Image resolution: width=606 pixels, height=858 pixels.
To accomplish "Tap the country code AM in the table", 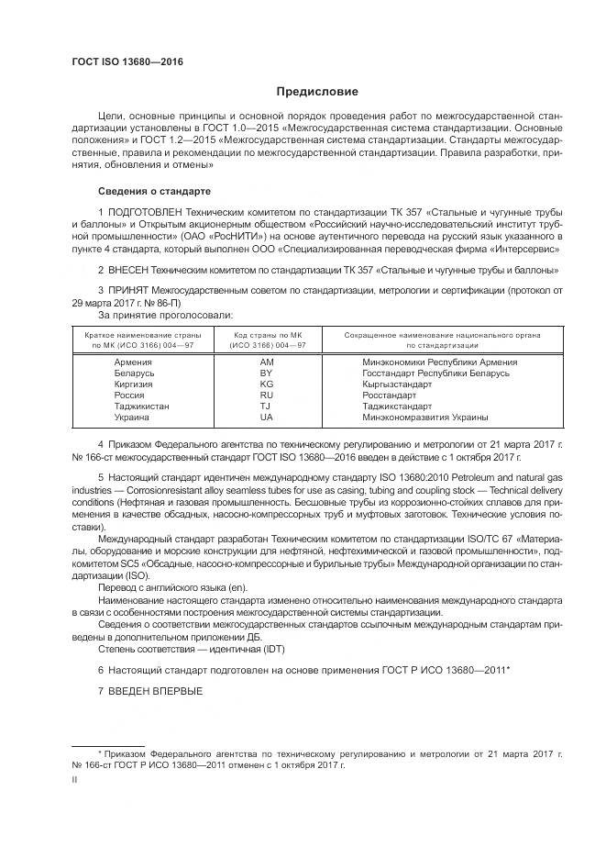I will [267, 362].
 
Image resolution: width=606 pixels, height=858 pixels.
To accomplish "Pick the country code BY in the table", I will [267, 373].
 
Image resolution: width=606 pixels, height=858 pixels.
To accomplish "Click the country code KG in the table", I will [267, 384].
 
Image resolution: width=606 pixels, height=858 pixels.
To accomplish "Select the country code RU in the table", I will [267, 395].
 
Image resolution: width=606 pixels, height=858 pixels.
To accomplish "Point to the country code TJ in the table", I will [266, 406].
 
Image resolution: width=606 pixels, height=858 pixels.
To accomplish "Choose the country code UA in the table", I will [267, 417].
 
